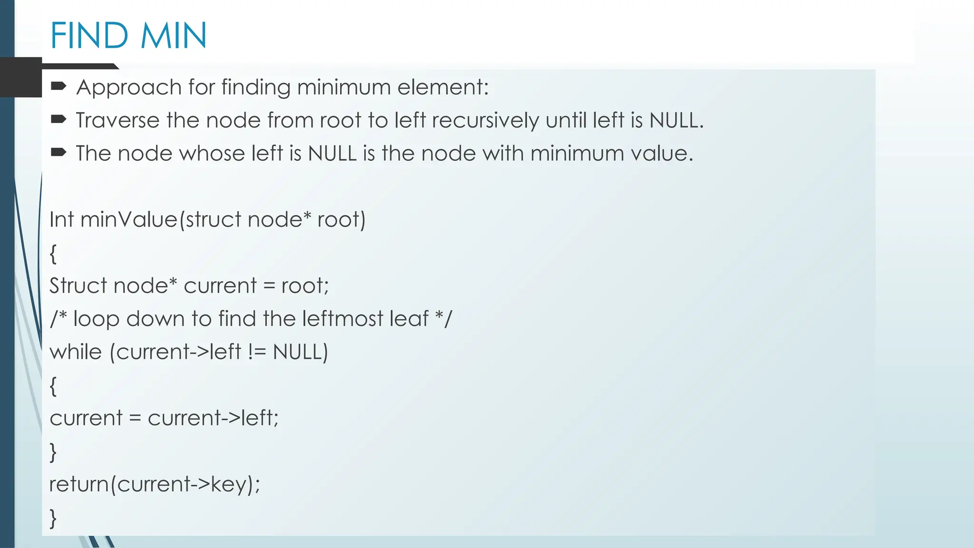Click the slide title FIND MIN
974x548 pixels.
[x=128, y=36]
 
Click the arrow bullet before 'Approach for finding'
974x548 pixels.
[x=58, y=86]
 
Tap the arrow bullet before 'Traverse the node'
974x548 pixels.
[x=58, y=119]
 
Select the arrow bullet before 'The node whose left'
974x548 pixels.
[x=58, y=153]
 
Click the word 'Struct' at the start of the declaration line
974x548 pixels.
[x=78, y=286]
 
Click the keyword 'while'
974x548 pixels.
[x=76, y=352]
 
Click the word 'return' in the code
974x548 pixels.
[x=79, y=484]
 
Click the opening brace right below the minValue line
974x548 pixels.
[x=53, y=254]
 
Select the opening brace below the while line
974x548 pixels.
[x=53, y=386]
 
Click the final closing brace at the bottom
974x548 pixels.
[x=53, y=518]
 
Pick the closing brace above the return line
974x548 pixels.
[x=53, y=452]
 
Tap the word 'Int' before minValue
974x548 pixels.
[x=61, y=220]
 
